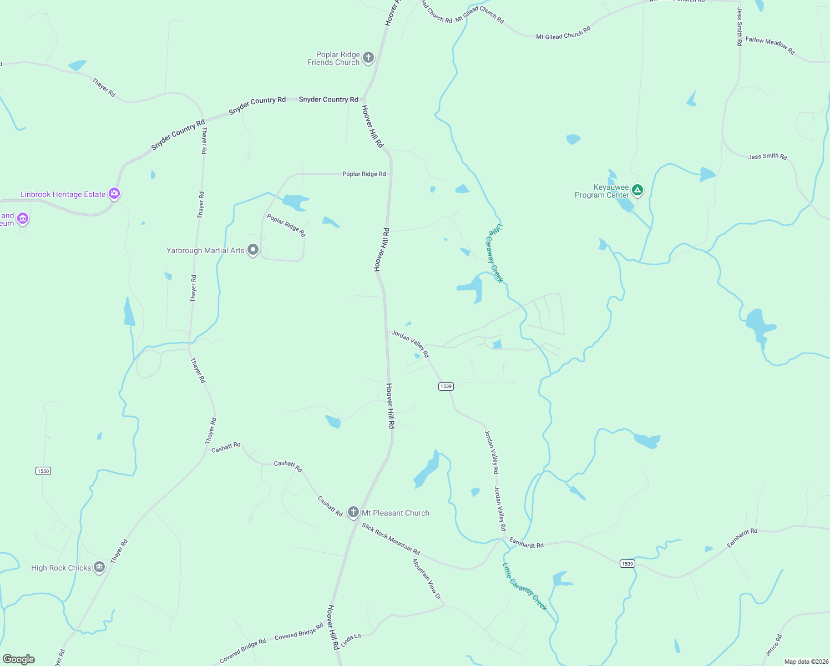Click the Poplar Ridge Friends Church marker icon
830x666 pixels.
368,57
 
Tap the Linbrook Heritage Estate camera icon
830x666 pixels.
114,194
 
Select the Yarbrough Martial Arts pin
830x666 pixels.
253,250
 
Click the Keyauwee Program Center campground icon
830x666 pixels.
637,190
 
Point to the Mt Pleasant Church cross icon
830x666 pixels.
353,512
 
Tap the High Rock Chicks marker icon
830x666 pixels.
99,567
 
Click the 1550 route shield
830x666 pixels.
43,471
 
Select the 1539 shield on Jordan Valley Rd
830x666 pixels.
446,386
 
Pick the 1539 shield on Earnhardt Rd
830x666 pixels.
627,563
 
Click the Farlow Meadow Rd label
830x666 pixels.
770,46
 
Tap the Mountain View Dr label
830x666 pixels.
427,579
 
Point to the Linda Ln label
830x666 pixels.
351,640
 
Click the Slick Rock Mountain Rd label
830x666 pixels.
391,539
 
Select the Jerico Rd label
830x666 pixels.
773,645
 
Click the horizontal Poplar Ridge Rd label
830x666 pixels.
364,174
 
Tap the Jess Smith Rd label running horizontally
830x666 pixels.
767,157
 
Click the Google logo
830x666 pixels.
19,659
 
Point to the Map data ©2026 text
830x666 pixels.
806,662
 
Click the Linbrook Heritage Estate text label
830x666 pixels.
63,194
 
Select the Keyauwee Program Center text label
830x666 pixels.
602,191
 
